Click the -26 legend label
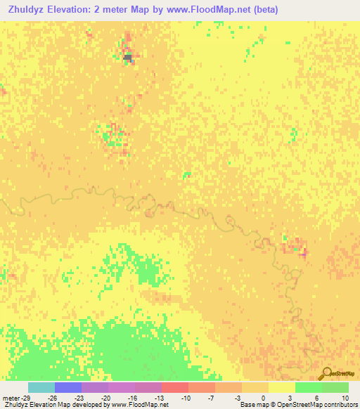click(53, 398)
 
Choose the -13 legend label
click(160, 398)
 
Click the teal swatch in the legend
click(41, 387)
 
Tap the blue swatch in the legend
click(68, 387)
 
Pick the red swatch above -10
click(175, 387)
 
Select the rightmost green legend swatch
click(335, 387)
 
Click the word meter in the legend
click(11, 398)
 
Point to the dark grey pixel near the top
click(128, 56)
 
